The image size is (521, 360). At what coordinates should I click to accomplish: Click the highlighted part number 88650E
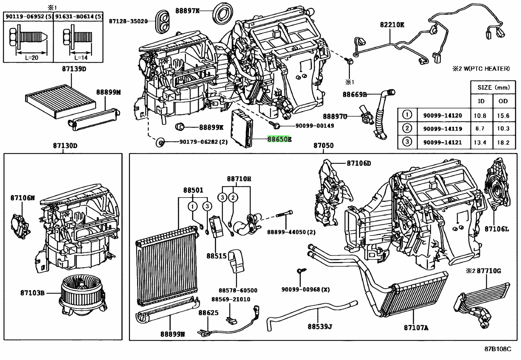point(279,139)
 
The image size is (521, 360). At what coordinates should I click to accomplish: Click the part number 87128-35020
point(128,21)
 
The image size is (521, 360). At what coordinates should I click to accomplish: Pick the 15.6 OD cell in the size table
point(503,115)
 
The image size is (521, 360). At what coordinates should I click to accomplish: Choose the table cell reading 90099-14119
point(442,129)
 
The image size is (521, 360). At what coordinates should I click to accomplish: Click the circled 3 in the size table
point(407,142)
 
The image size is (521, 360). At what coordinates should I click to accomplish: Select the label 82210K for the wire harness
point(392,25)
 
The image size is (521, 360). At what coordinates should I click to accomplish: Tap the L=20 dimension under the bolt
point(31,57)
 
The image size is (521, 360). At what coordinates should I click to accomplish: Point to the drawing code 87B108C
point(497,349)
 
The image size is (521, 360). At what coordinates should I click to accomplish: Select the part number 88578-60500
point(238,290)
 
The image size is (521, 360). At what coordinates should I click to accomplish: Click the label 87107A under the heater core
point(416,328)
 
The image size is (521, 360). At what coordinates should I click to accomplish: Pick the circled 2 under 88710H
point(233,197)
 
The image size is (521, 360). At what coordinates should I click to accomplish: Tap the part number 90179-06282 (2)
point(203,142)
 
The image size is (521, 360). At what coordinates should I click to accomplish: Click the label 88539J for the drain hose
point(320,327)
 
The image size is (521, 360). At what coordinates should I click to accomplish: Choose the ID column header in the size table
point(481,101)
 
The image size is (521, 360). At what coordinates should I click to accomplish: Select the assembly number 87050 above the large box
point(323,145)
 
